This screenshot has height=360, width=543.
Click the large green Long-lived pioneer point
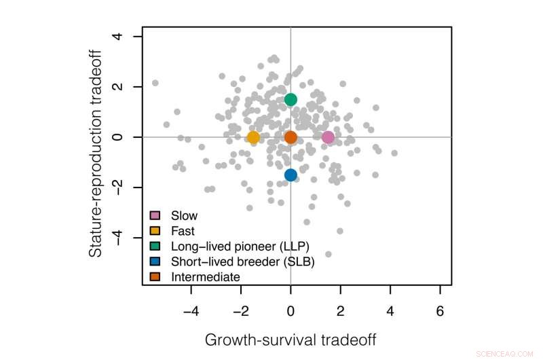coord(291,100)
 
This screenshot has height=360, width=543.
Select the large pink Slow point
coord(328,137)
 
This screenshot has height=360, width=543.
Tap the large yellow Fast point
coord(253,137)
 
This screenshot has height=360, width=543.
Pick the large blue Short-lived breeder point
coord(291,175)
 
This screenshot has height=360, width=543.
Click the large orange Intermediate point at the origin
coord(291,137)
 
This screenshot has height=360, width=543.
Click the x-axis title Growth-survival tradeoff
coord(291,339)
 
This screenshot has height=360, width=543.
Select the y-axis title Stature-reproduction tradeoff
coord(98,156)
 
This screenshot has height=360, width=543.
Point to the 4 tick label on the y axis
coord(123,37)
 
